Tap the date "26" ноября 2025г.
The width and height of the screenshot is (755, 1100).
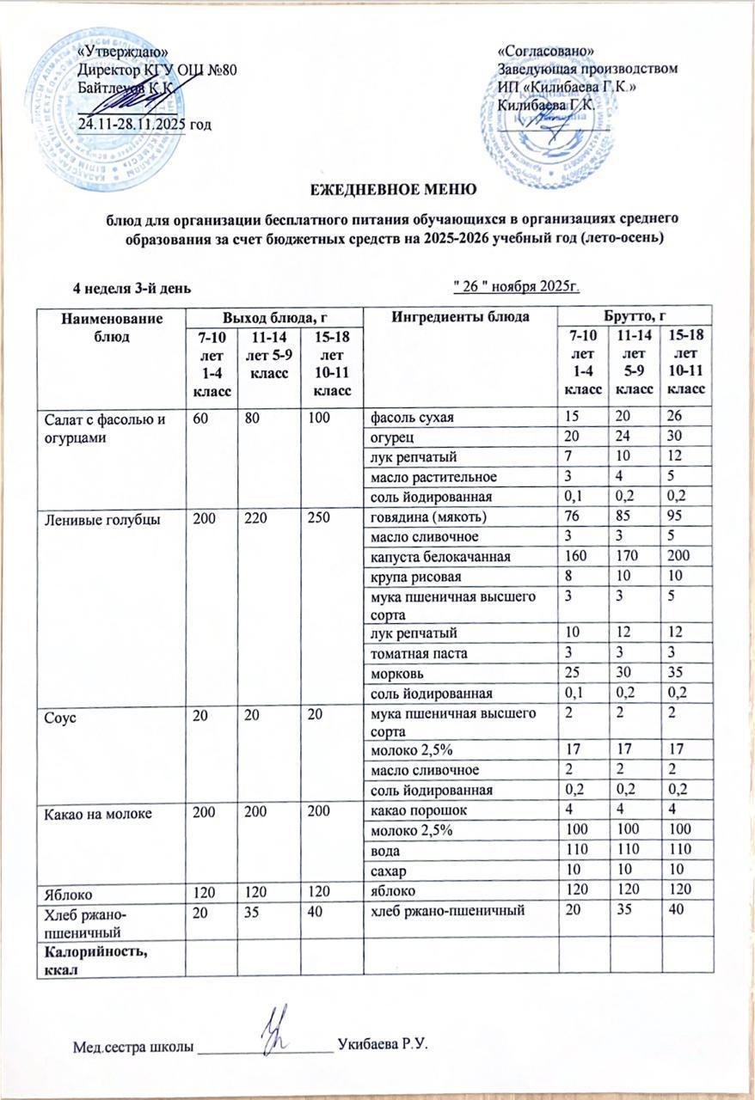(518, 284)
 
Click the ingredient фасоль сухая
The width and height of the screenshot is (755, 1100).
(412, 418)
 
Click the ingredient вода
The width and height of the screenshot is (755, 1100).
(384, 849)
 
